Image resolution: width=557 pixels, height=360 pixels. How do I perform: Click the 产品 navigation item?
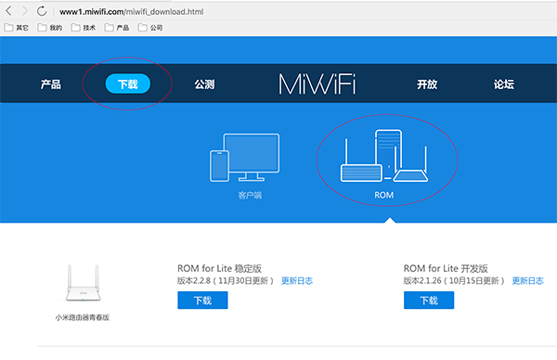pos(51,84)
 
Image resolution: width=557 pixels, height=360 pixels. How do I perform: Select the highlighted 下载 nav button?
pos(127,84)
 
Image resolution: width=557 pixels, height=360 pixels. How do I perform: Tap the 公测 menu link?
pos(204,84)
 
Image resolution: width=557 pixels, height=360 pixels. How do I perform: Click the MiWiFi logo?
pos(317,84)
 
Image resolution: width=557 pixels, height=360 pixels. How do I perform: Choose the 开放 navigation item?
pos(427,84)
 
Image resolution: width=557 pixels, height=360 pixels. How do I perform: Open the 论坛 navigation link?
pos(504,84)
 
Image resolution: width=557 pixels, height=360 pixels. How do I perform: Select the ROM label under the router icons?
pos(384,197)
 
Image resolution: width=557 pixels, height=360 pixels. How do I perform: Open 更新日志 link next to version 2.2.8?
pos(297,280)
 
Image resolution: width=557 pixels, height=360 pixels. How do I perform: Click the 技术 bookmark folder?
pos(84,28)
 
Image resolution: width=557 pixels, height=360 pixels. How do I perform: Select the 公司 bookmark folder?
pos(150,28)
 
